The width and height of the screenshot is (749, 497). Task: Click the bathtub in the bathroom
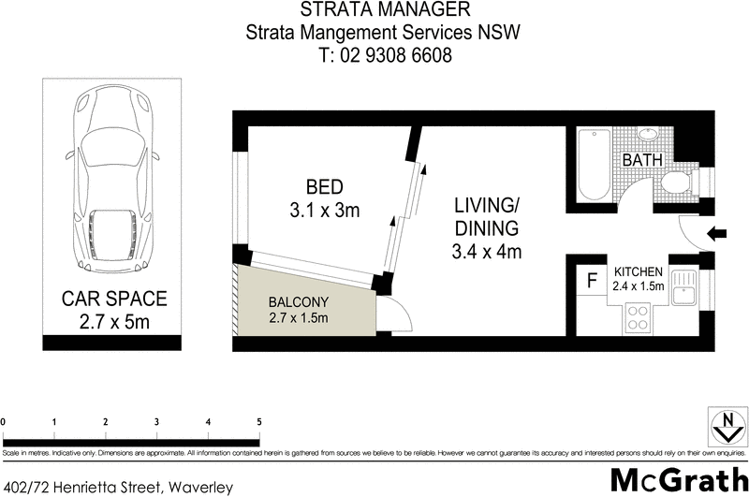593,166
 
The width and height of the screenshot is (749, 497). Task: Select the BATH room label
643,160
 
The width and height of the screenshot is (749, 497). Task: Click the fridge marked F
592,279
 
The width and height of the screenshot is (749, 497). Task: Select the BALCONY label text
298,302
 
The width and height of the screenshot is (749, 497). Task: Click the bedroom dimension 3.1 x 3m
323,211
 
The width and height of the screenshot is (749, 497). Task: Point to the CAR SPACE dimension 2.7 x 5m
113,323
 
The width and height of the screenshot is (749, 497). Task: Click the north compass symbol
723,428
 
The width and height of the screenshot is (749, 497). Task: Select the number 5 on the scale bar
258,421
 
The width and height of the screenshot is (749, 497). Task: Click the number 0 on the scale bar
5,421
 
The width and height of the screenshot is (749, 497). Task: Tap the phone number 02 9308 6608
385,55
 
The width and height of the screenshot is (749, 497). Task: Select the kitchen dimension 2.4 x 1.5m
639,286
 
